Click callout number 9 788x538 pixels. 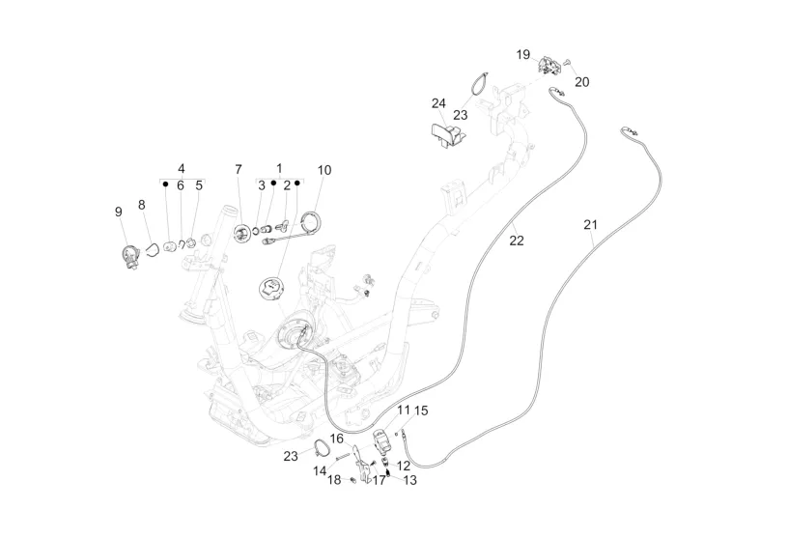point(119,212)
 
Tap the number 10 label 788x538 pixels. point(324,170)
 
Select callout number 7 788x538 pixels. point(239,170)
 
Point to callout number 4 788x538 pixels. point(181,168)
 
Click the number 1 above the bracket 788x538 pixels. point(280,168)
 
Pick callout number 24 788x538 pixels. point(438,103)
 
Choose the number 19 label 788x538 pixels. point(522,55)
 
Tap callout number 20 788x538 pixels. point(581,82)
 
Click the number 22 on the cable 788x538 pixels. point(517,241)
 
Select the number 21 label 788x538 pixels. point(591,225)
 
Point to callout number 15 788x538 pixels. point(421,411)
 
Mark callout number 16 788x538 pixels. point(337,439)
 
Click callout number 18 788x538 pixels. point(333,479)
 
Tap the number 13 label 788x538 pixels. point(410,479)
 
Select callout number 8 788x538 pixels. point(142,205)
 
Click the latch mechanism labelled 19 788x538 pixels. point(551,66)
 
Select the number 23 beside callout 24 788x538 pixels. point(461,114)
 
